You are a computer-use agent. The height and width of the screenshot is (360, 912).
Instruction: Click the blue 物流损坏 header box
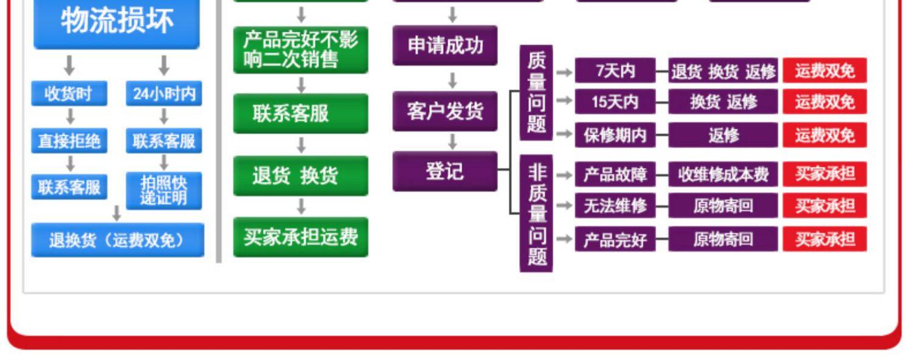117,24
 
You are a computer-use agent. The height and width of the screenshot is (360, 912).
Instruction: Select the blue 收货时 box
69,93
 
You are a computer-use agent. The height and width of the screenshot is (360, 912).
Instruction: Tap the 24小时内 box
164,93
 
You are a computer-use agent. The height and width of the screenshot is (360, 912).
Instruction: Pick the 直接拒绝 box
69,141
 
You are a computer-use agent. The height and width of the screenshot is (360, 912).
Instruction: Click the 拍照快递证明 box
164,190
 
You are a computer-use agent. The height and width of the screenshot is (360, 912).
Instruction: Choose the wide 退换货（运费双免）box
118,240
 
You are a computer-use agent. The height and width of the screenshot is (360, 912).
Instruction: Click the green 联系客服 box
301,113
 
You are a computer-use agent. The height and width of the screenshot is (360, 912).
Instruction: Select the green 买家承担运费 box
301,237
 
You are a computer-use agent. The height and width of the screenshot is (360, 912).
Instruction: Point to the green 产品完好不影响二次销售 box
301,50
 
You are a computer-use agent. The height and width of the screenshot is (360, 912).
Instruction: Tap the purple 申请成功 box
445,45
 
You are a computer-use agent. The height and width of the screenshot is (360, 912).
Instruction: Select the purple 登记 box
445,171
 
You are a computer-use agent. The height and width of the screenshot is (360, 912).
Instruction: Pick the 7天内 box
615,71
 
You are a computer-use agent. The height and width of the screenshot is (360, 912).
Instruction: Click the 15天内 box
615,102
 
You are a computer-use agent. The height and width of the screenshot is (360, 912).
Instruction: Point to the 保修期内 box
615,135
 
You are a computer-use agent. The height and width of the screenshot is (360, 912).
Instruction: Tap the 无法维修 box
615,206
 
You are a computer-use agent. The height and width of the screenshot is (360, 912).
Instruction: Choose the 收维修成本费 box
723,175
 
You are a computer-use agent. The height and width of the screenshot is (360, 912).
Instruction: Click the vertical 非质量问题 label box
536,213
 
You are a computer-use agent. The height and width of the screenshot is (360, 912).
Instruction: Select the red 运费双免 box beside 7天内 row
825,71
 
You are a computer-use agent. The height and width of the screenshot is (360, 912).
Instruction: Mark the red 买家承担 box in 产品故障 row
825,175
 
